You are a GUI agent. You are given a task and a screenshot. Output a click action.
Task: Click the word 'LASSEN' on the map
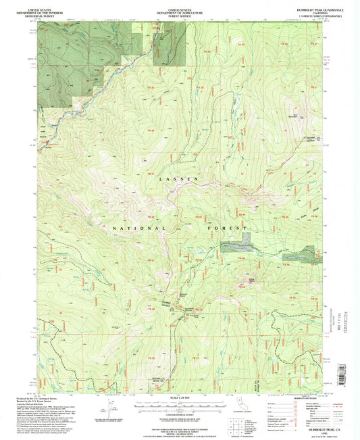pyautogui.click(x=170, y=178)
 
